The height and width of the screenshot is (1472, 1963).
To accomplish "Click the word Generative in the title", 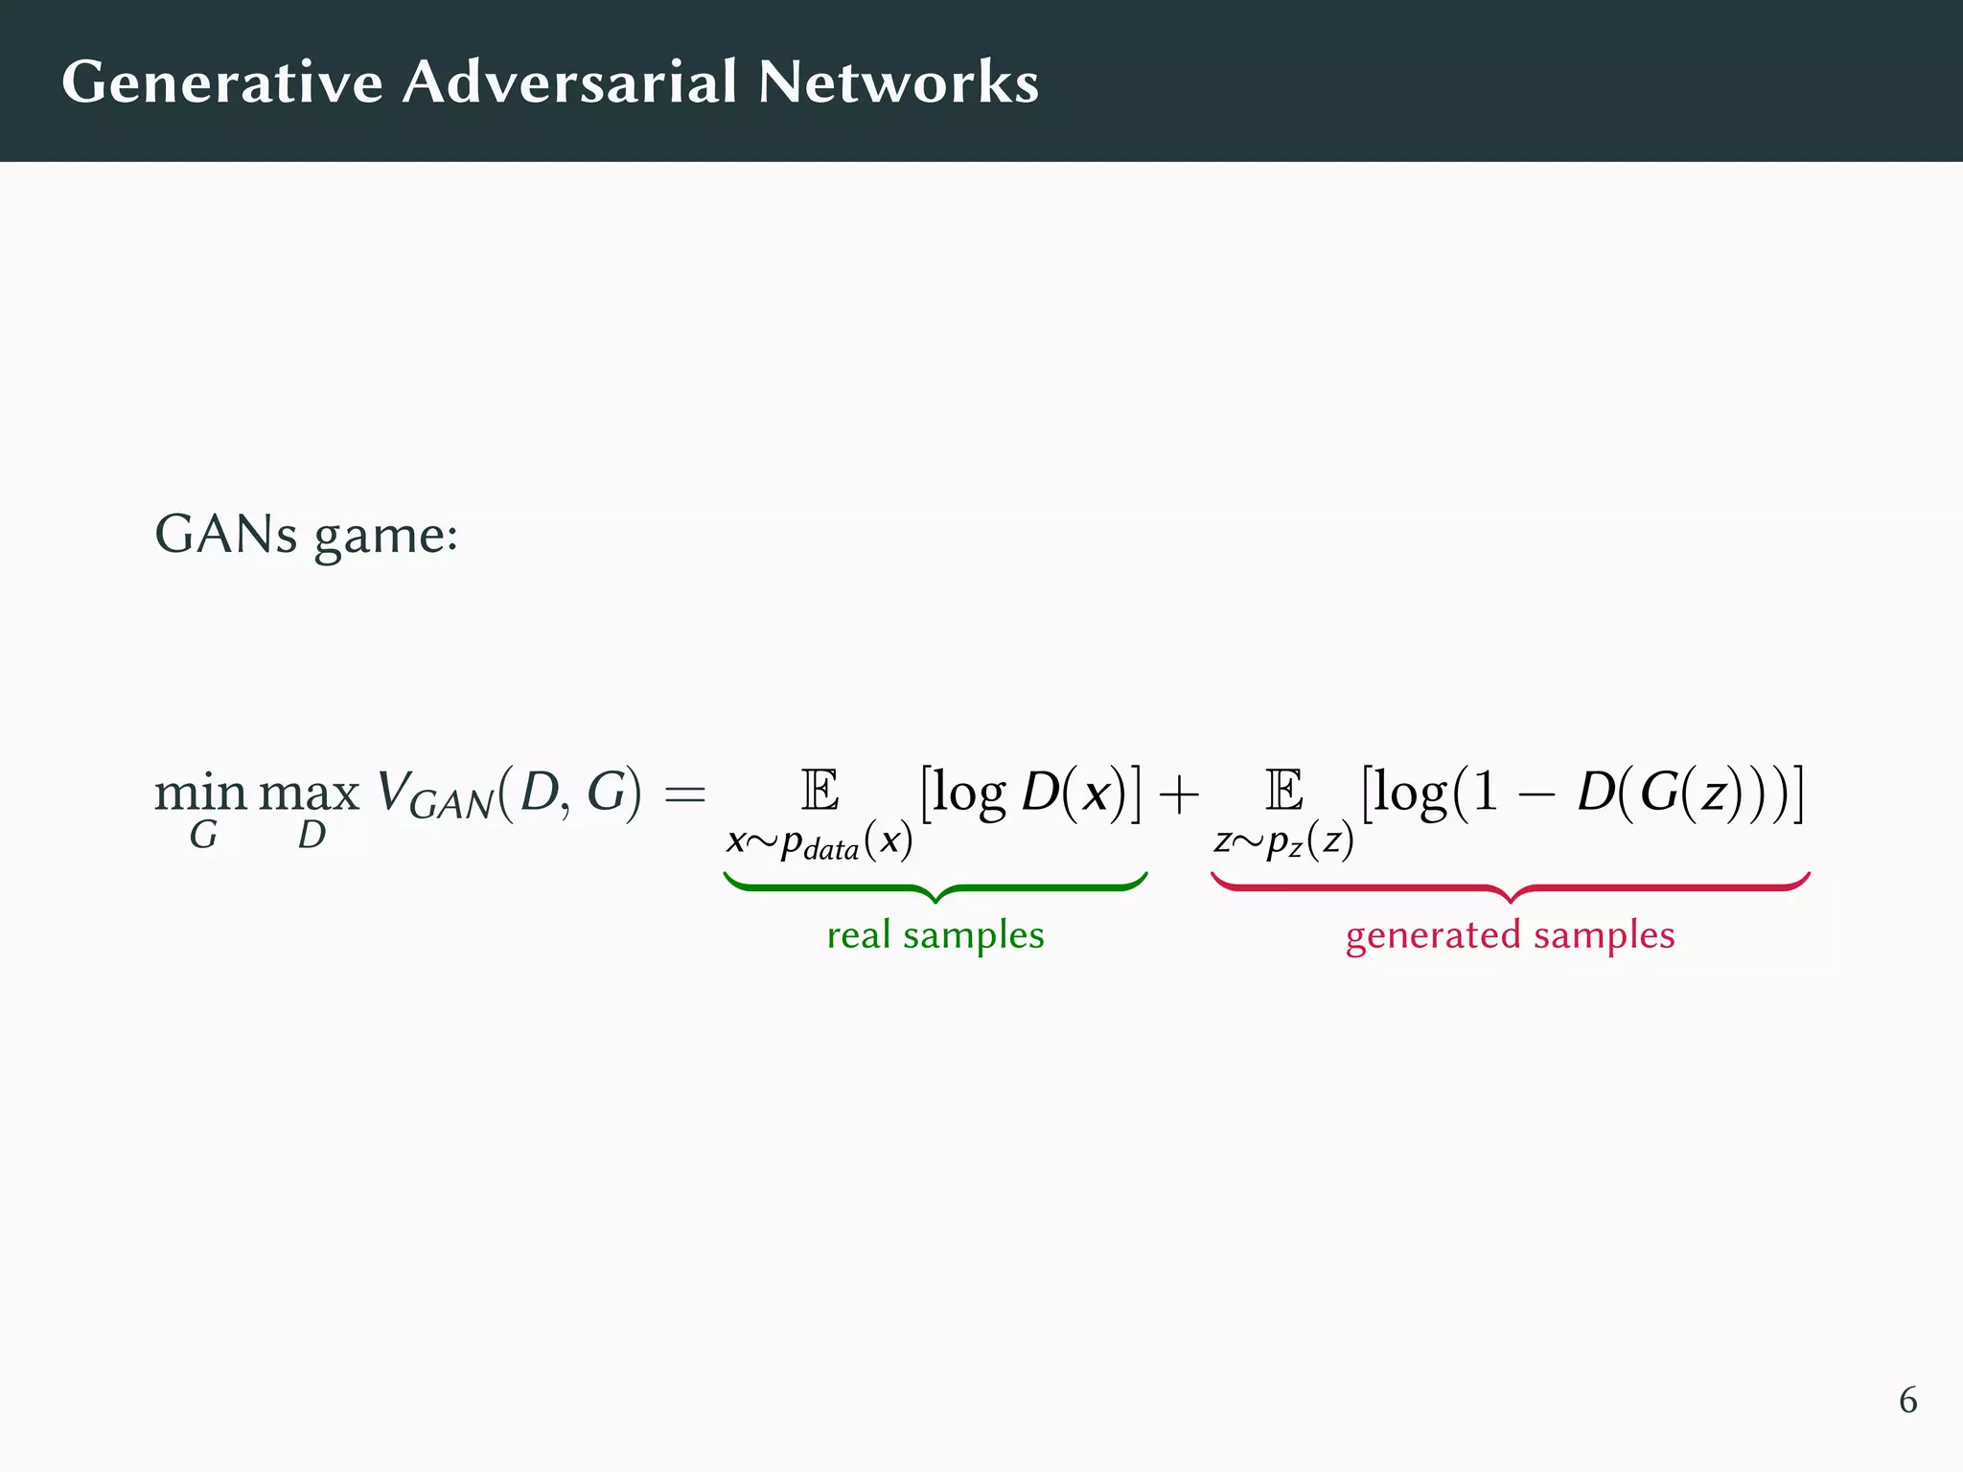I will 222,82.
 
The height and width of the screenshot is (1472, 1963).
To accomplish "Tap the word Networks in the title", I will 898,82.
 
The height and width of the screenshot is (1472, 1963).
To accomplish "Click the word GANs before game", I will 226,534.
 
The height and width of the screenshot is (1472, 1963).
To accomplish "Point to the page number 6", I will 1907,1400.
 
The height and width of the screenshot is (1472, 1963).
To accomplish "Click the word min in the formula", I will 200,793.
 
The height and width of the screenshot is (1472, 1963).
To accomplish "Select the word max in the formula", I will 309,793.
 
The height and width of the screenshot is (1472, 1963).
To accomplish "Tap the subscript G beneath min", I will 203,836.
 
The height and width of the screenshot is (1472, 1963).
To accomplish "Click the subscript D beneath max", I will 312,836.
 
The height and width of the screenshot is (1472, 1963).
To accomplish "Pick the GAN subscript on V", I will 450,805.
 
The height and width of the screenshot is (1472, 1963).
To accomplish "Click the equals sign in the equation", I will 684,793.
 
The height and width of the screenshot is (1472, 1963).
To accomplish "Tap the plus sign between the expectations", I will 1178,793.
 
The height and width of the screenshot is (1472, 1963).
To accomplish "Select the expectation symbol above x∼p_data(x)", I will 820,791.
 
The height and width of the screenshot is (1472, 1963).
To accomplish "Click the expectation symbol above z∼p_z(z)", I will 1283,791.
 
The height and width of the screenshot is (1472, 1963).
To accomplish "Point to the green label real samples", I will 935,934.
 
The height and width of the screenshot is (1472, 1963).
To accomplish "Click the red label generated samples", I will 1510,934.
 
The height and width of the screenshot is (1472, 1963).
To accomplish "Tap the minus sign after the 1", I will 1536,794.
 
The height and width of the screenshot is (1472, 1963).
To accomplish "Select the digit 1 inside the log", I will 1485,793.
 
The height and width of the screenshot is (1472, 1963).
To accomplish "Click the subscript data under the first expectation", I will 831,850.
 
